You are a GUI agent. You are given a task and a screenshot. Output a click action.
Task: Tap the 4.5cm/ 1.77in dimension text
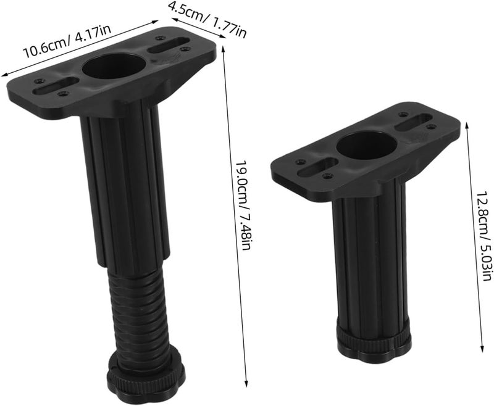click(207, 19)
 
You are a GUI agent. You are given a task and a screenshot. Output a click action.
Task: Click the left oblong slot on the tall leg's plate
click(56, 85)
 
